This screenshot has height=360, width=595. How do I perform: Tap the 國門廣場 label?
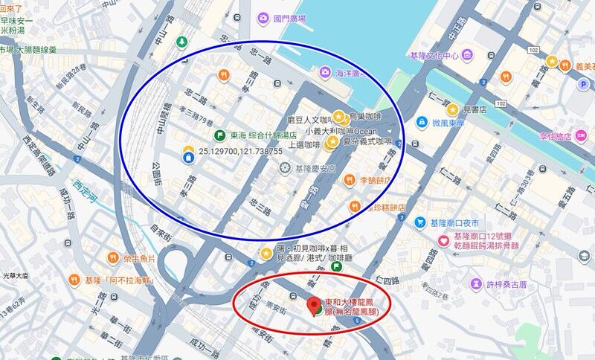point(289,18)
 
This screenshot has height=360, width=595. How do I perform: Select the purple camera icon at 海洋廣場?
point(325,72)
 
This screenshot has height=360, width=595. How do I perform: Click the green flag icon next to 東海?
point(219,135)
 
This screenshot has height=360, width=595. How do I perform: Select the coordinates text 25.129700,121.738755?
point(240,152)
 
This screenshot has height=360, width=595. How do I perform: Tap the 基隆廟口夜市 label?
point(454,222)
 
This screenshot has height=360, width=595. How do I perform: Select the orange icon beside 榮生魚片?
point(113,258)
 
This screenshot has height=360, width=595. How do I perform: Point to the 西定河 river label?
point(86,184)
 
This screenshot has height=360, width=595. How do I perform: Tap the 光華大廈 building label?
point(15,275)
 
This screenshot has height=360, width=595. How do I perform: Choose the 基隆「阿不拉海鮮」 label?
point(120,280)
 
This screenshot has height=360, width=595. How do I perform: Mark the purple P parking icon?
point(584,84)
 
